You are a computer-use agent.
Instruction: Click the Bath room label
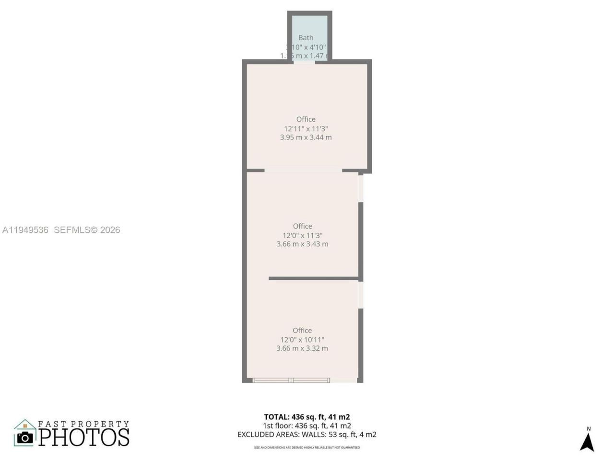pos(306,38)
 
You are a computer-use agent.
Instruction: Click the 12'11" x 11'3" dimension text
pos(306,128)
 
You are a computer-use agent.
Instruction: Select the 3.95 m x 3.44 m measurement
pos(306,137)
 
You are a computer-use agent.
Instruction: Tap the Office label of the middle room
pos(302,226)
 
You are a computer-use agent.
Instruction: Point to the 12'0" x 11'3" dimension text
pos(302,235)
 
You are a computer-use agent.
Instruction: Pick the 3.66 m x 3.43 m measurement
pos(302,244)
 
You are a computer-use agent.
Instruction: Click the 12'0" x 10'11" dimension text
pos(302,340)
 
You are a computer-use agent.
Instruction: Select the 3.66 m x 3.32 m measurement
pos(302,348)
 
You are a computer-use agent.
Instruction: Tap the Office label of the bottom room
pos(302,331)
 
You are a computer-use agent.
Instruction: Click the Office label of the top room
pos(306,119)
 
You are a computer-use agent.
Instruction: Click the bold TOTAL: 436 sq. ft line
pos(307,417)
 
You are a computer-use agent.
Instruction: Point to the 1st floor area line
pos(307,425)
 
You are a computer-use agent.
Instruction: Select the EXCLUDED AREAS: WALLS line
pos(307,435)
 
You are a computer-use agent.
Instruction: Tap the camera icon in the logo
pos(25,437)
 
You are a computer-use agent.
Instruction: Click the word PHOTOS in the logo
pos(84,437)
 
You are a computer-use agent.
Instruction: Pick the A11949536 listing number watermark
pos(25,230)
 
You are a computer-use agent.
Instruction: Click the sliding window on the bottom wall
pos(291,380)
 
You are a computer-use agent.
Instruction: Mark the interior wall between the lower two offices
pos(314,278)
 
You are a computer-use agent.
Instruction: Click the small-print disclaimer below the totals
pos(307,448)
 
